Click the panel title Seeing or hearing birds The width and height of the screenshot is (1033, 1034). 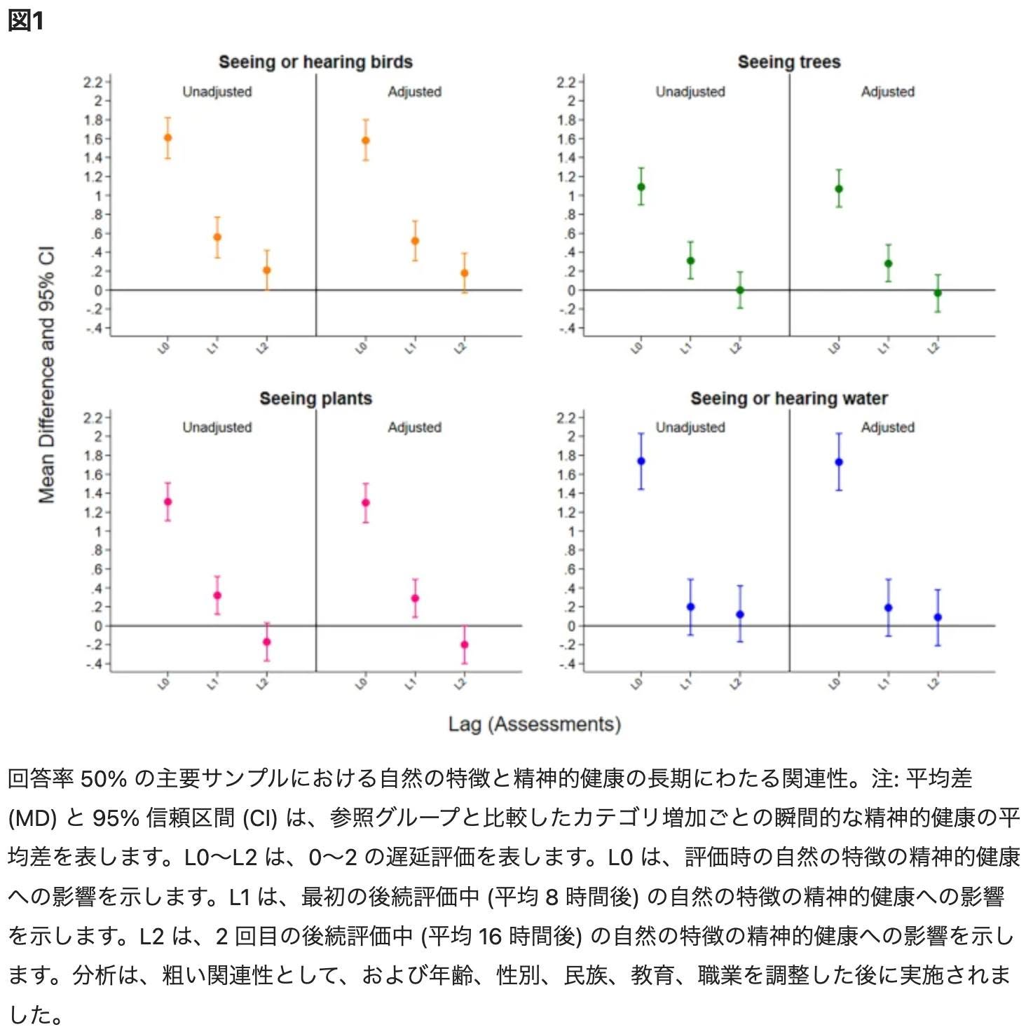coord(315,62)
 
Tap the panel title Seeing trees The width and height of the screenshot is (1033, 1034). coord(789,62)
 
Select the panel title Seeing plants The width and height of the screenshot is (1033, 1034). coord(315,399)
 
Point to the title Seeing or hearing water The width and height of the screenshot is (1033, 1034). coord(789,399)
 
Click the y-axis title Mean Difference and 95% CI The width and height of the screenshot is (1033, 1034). coord(46,375)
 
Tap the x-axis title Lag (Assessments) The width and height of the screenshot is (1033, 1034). coord(535,724)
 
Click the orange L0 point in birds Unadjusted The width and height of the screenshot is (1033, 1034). coord(167,137)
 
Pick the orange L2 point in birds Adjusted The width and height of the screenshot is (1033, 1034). coord(464,273)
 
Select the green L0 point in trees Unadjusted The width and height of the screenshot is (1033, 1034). coord(641,187)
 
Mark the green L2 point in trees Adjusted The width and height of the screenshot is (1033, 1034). coord(938,293)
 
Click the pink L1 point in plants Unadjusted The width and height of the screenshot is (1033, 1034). coord(217,595)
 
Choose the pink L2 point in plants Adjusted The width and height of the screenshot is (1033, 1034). coord(464,644)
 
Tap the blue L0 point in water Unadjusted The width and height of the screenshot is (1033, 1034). coord(641,461)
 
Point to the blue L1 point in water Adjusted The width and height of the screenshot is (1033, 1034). coord(889,607)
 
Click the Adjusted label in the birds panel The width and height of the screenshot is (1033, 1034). coord(415,92)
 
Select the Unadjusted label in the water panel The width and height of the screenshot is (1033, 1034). coord(690,427)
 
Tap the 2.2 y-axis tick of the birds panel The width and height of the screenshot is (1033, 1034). coord(93,83)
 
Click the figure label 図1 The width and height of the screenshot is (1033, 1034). coord(26,20)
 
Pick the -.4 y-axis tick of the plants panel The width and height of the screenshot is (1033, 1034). coord(94,663)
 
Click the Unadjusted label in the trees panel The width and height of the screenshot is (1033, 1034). coord(690,92)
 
